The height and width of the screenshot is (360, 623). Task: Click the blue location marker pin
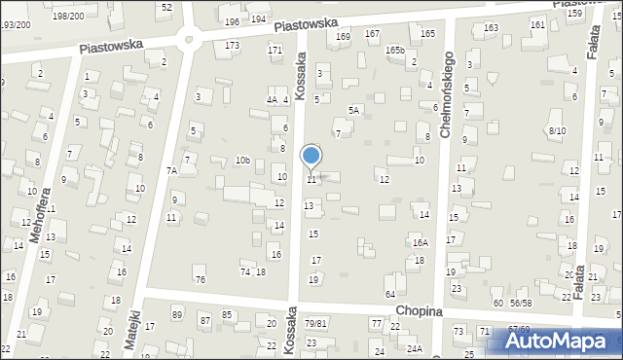[x=311, y=156]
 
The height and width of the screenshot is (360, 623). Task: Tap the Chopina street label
[x=419, y=310]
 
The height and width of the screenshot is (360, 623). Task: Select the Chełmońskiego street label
[x=447, y=95]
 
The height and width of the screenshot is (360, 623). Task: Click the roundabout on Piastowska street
[x=188, y=40]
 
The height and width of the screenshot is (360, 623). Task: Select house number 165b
[x=394, y=50]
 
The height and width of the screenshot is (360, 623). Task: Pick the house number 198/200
[x=68, y=17]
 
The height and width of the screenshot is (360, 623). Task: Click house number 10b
[x=242, y=161]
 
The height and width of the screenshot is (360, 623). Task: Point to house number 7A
[x=171, y=171]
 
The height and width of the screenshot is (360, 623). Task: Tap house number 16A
[x=420, y=242]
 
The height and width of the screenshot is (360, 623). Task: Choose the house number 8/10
[x=557, y=130]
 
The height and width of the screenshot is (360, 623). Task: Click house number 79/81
[x=314, y=323]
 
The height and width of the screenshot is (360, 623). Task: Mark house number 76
[x=201, y=280]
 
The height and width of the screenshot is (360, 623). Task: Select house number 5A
[x=355, y=111]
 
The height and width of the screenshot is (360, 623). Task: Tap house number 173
[x=232, y=46]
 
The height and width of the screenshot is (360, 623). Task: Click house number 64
[x=389, y=294]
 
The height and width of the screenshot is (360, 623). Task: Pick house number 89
[x=176, y=314]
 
